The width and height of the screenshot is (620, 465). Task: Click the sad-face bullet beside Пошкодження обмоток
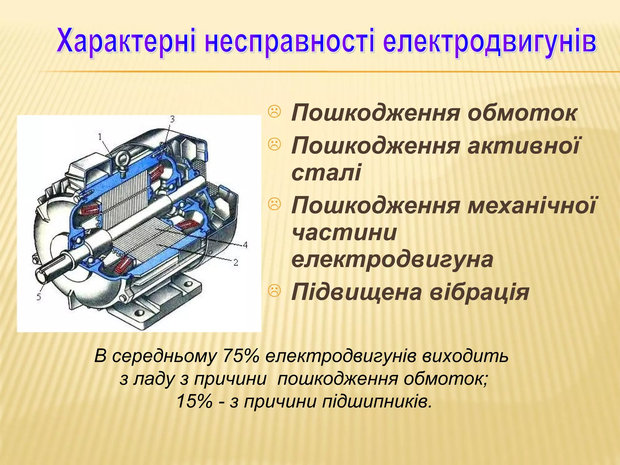[275, 112]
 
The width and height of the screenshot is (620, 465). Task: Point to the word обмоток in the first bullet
[522, 113]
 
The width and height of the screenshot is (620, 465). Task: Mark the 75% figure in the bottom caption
[241, 356]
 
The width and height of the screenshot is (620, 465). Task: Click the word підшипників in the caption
[377, 402]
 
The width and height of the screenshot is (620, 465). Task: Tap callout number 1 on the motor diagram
[100, 137]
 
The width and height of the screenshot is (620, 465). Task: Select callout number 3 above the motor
[172, 119]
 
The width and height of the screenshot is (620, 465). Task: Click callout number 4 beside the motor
[245, 245]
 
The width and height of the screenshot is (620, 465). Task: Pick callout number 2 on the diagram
[236, 263]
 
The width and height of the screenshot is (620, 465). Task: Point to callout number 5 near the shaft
[39, 297]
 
